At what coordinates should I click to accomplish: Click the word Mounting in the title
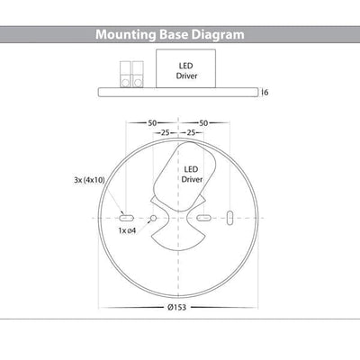126,35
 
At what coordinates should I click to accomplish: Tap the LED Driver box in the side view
185,68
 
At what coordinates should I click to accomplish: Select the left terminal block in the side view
125,75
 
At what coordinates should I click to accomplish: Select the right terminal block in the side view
138,75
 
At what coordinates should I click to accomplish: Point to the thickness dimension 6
265,93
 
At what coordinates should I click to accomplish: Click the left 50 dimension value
152,123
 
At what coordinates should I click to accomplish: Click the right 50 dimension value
203,123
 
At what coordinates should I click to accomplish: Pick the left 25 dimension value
166,132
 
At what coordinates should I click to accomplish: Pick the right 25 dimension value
191,132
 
